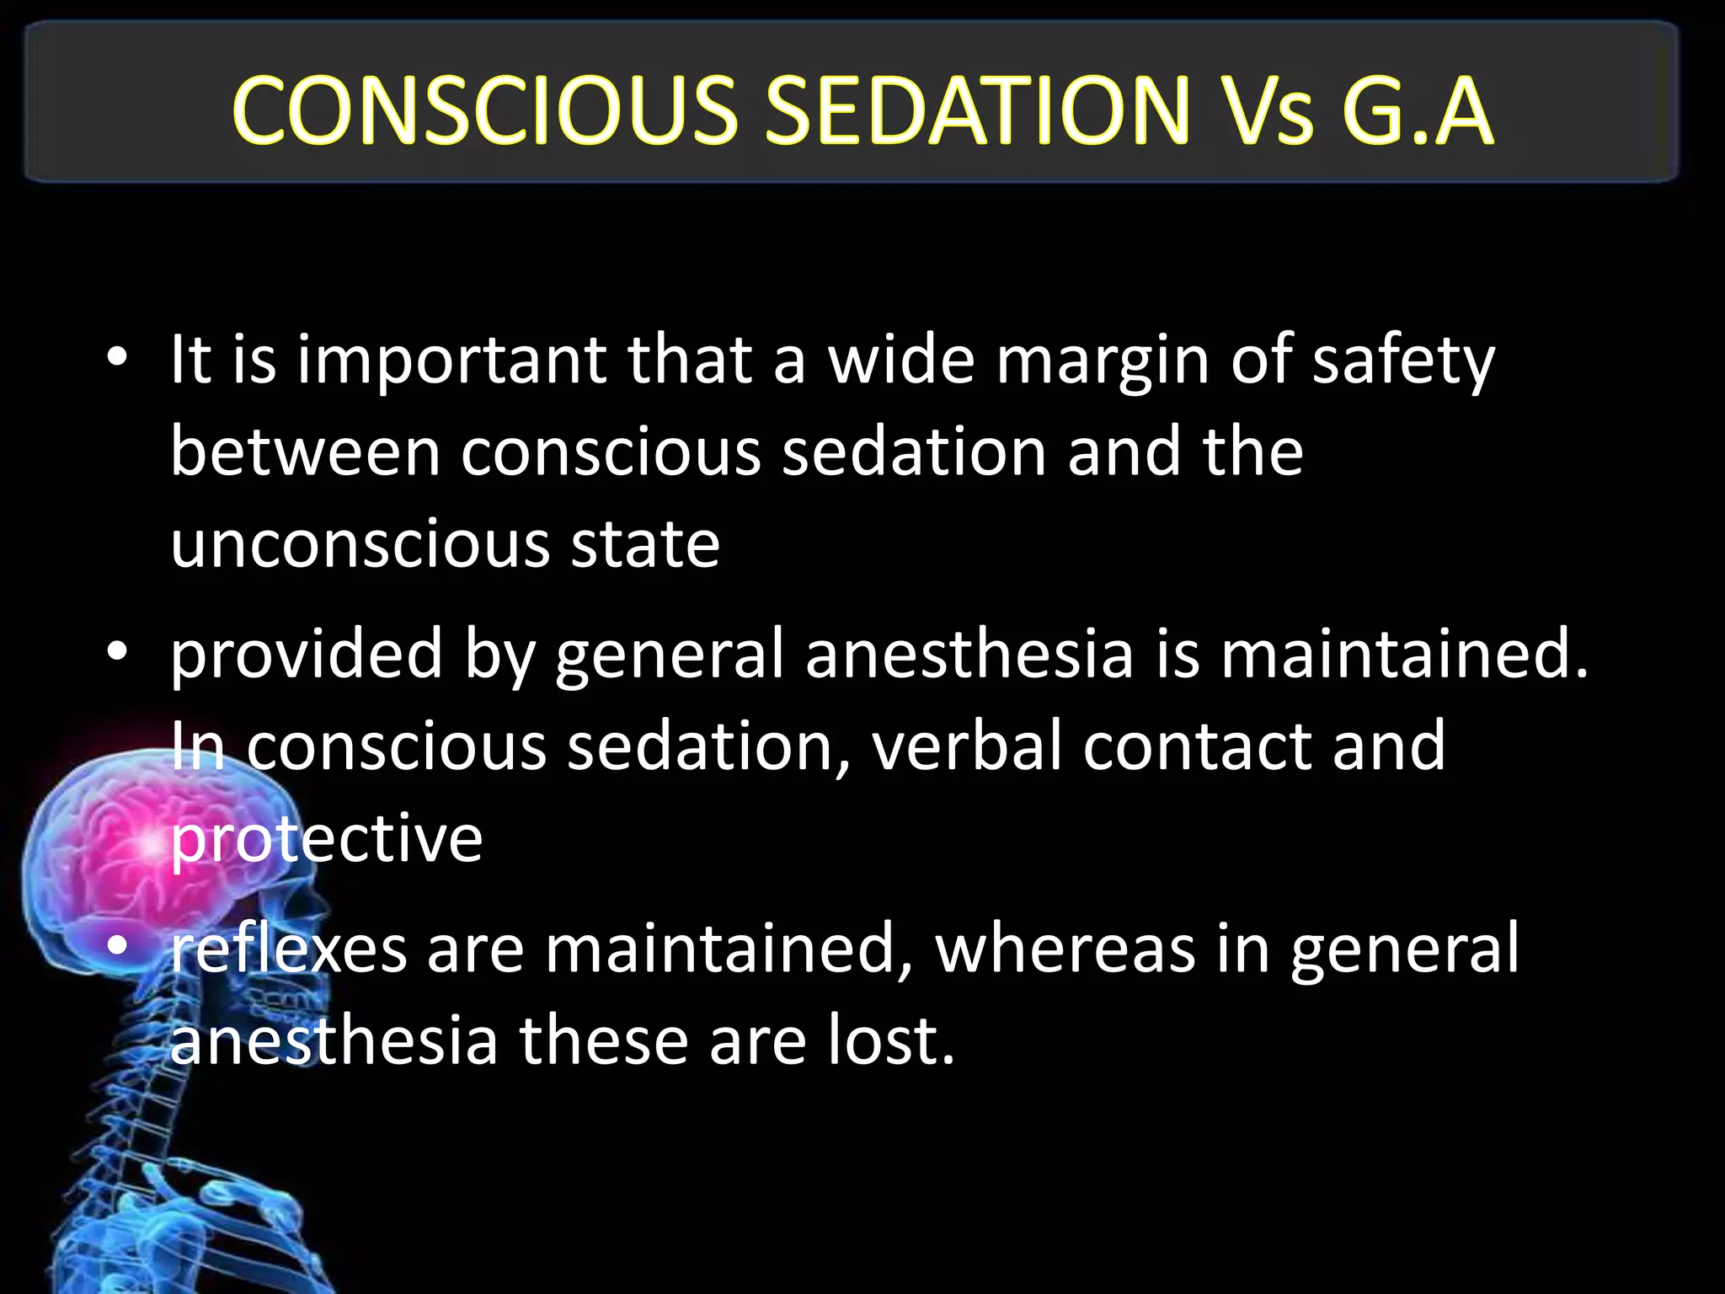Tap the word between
point(305,452)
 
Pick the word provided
point(307,655)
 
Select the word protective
point(327,839)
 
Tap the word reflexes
point(289,949)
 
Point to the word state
point(645,545)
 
